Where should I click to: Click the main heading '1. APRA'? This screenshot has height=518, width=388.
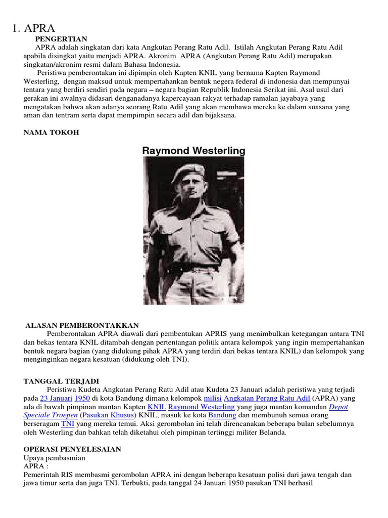point(33,29)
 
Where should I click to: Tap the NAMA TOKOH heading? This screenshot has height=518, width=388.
point(51,132)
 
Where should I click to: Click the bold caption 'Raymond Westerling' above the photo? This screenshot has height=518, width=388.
point(193,150)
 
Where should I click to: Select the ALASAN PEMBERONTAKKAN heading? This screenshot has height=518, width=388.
point(82,325)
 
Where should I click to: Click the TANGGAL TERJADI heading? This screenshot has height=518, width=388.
point(62,381)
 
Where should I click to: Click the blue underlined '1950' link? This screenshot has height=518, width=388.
point(82,398)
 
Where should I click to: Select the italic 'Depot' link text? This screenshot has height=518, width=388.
point(338,407)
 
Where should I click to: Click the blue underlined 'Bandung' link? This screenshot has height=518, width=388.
point(222,415)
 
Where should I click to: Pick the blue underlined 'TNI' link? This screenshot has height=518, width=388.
point(68,423)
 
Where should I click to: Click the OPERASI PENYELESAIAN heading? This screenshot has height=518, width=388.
point(73,449)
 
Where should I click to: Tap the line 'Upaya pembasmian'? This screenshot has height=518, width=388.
point(55,458)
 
